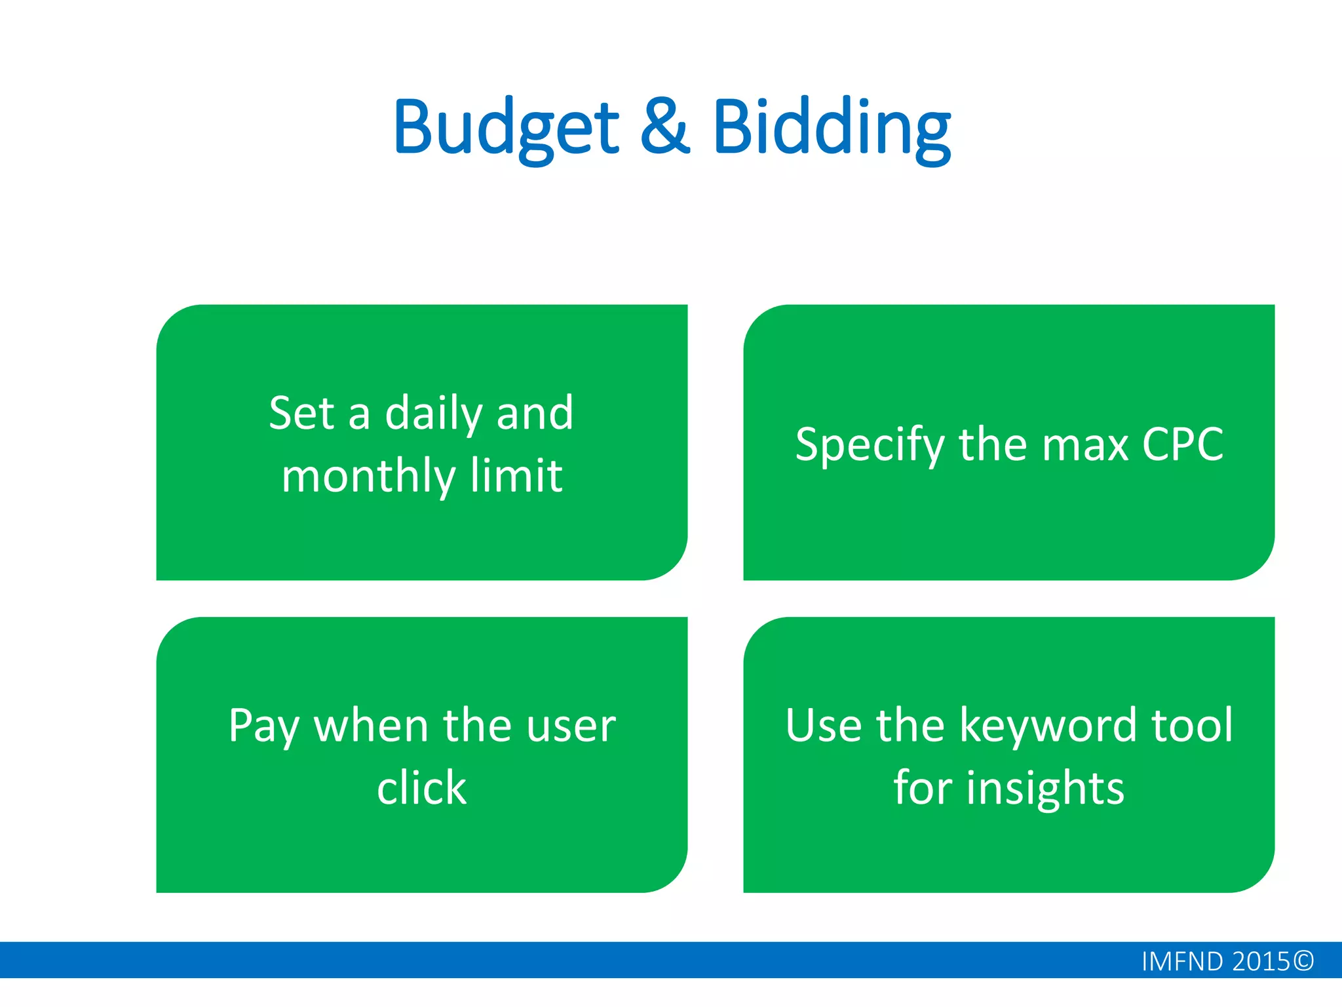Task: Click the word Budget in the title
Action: [506, 128]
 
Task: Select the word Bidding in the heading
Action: [831, 128]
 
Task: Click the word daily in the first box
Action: [433, 415]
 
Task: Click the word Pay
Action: [264, 726]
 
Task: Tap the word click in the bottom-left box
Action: [421, 787]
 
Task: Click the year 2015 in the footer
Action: [1261, 962]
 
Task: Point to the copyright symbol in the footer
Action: [1303, 961]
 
